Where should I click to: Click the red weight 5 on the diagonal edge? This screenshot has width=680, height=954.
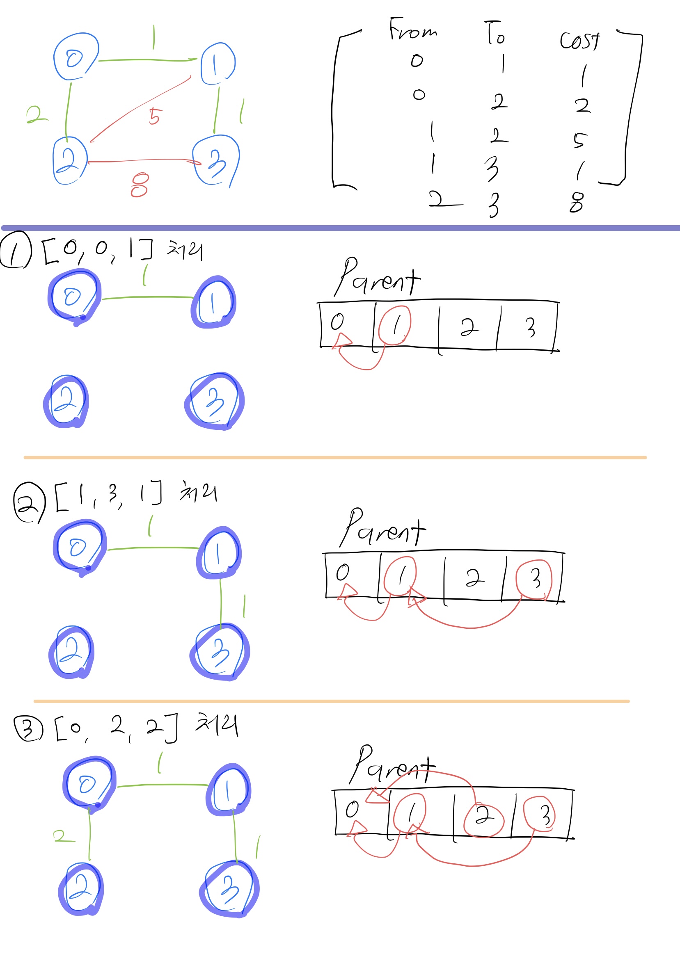pyautogui.click(x=154, y=116)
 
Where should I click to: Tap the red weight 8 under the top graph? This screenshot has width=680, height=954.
pyautogui.click(x=140, y=185)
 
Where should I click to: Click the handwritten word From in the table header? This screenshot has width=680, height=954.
pyautogui.click(x=412, y=30)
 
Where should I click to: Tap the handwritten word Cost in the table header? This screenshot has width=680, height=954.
pyautogui.click(x=580, y=41)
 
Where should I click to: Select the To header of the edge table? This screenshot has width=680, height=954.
pyautogui.click(x=495, y=34)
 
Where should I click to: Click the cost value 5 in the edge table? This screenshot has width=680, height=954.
pyautogui.click(x=580, y=140)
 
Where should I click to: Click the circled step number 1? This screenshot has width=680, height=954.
pyautogui.click(x=16, y=250)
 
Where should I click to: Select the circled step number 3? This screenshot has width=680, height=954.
pyautogui.click(x=28, y=728)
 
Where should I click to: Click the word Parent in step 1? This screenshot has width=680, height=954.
pyautogui.click(x=377, y=278)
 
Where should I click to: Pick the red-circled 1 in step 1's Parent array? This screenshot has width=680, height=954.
pyautogui.click(x=395, y=326)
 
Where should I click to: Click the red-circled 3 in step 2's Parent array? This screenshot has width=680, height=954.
pyautogui.click(x=534, y=579)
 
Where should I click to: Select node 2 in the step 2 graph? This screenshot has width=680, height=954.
pyautogui.click(x=71, y=651)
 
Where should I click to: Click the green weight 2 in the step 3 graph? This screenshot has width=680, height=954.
pyautogui.click(x=64, y=836)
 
